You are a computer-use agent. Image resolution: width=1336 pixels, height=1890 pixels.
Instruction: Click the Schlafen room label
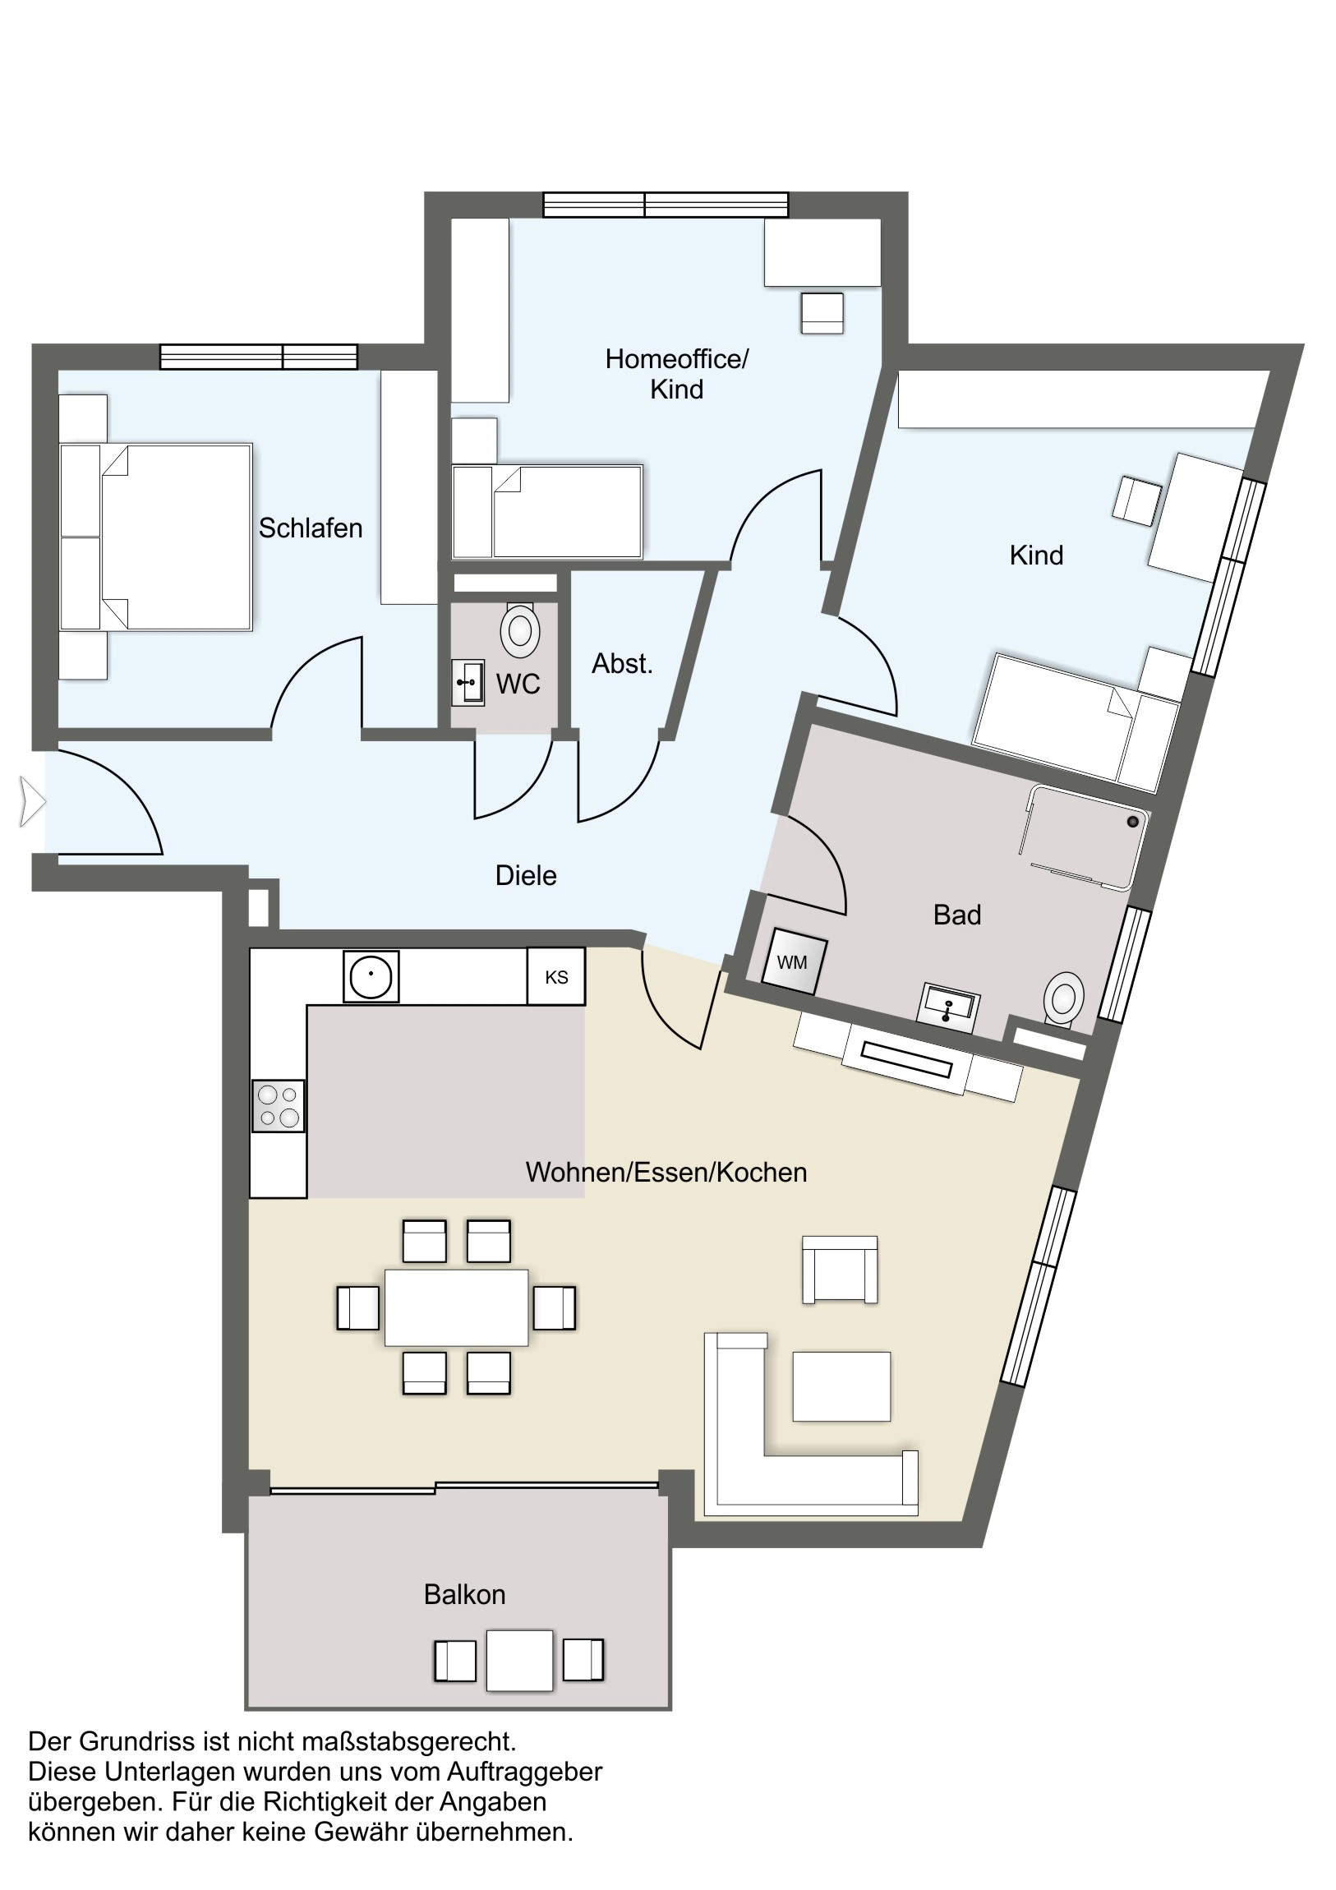pyautogui.click(x=311, y=528)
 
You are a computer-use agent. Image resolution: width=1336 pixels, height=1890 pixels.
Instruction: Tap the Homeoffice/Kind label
pyautogui.click(x=677, y=374)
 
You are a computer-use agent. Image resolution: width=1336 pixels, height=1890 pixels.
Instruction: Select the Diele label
pyautogui.click(x=526, y=875)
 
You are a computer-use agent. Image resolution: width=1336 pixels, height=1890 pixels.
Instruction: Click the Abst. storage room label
pyautogui.click(x=622, y=663)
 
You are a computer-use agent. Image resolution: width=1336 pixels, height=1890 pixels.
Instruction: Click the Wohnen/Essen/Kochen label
pyautogui.click(x=666, y=1172)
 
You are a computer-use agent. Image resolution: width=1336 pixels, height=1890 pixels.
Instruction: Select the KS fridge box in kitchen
pyautogui.click(x=556, y=977)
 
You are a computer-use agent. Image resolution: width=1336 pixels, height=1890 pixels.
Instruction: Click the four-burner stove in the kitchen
pyautogui.click(x=279, y=1105)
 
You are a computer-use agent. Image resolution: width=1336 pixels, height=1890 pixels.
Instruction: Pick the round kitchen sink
pyautogui.click(x=371, y=976)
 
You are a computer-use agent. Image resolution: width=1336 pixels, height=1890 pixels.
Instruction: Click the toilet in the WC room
pyautogui.click(x=519, y=629)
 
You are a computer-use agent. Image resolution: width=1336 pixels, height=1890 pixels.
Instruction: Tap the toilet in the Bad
pyautogui.click(x=1062, y=998)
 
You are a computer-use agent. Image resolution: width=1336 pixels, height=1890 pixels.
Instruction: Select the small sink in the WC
pyautogui.click(x=468, y=682)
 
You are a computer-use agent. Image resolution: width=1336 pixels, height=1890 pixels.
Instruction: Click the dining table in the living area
pyautogui.click(x=456, y=1307)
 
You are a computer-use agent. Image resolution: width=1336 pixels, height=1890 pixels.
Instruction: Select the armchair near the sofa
pyautogui.click(x=840, y=1270)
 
